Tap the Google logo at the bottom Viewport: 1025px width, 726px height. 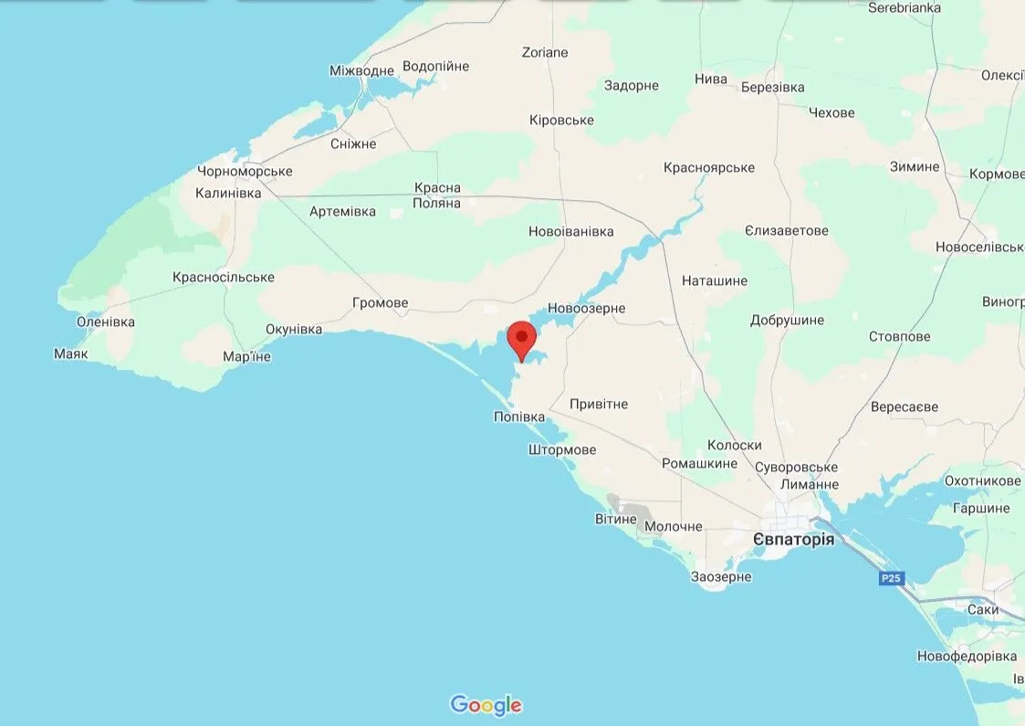coord(486,705)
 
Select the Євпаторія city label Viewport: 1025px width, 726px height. coord(793,540)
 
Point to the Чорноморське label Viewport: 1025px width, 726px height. coord(245,172)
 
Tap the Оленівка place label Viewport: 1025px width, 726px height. coord(106,321)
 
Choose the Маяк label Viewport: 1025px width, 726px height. coord(71,353)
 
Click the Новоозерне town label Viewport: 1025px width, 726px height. coord(586,308)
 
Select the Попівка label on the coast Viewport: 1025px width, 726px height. coord(518,416)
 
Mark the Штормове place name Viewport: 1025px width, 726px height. coord(561,449)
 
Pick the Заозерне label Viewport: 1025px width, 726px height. coord(721,576)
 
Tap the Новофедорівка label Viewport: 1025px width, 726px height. coord(967,656)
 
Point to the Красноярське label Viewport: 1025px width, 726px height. coord(709,167)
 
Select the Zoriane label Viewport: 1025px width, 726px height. coord(544,52)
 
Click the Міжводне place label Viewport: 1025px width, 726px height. coord(361,70)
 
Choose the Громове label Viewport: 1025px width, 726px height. coord(380,302)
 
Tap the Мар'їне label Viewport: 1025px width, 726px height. coord(246,356)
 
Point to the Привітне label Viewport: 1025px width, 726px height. coord(598,404)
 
